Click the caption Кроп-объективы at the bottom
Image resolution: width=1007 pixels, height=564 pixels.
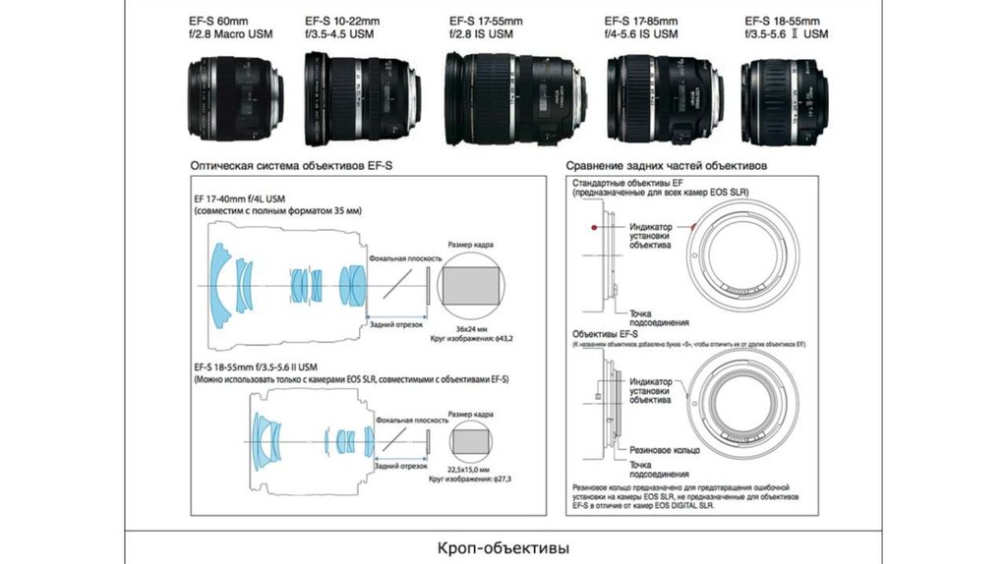pos(503,546)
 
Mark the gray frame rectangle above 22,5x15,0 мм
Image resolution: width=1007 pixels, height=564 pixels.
pos(473,439)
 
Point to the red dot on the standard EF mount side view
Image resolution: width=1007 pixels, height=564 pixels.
pos(595,229)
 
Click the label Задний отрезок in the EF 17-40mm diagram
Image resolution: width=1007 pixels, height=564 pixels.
pos(395,323)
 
